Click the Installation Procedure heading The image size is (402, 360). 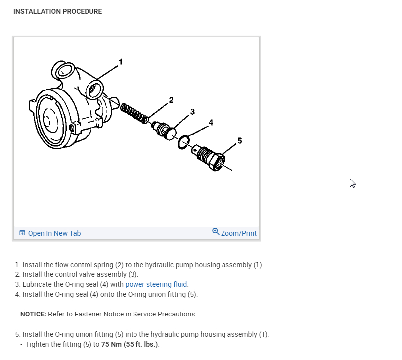(x=57, y=11)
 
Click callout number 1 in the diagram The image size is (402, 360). (x=120, y=62)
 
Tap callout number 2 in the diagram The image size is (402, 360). (x=171, y=100)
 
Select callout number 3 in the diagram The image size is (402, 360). (x=192, y=111)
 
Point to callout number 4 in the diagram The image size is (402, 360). (x=211, y=122)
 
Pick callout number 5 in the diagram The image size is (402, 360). (x=240, y=141)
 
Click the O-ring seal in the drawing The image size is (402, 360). (x=183, y=142)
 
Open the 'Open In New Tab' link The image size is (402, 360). (x=54, y=233)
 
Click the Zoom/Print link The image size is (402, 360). (x=239, y=233)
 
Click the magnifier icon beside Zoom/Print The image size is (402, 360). (x=216, y=232)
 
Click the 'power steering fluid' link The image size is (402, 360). (x=156, y=284)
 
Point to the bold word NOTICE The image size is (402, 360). (x=32, y=314)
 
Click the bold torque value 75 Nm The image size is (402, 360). (x=111, y=344)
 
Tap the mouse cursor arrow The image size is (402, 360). (x=352, y=183)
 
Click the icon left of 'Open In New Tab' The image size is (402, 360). (x=22, y=233)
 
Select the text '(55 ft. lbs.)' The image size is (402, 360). (x=141, y=344)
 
